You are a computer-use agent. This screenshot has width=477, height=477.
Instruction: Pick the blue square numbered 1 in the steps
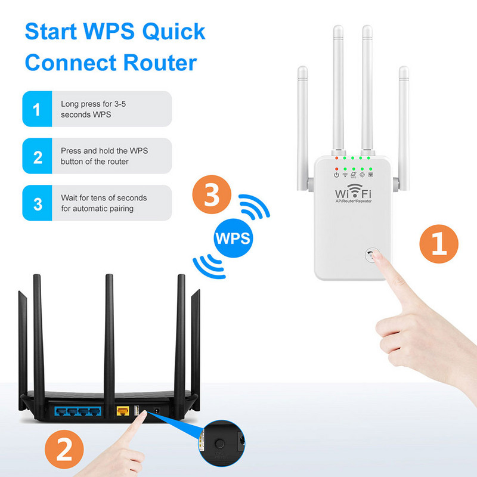(38, 109)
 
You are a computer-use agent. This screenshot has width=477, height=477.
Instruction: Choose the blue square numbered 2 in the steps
(38, 157)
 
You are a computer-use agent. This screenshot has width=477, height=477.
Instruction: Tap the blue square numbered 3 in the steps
(38, 203)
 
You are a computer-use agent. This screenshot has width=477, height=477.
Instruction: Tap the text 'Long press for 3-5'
(93, 104)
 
